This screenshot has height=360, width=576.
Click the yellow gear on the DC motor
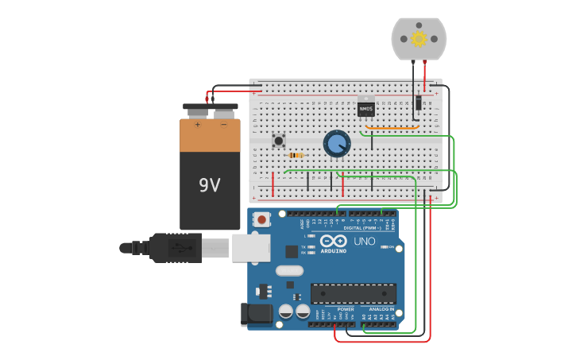click(418, 39)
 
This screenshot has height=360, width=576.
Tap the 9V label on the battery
click(210, 185)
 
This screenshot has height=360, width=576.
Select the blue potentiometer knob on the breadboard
click(337, 144)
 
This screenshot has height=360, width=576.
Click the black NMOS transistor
click(366, 107)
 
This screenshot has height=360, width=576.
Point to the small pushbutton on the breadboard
click(279, 141)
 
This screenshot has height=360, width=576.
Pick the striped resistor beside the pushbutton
click(296, 155)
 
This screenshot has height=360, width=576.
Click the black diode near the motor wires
click(419, 103)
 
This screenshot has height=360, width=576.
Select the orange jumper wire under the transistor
click(392, 127)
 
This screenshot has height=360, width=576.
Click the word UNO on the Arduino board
click(364, 241)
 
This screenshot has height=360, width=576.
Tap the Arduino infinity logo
click(334, 241)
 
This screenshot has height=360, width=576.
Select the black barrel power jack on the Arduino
click(257, 315)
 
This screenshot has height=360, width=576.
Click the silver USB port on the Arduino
click(251, 247)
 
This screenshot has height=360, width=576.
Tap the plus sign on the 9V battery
click(197, 124)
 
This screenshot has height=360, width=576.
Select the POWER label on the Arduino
click(346, 309)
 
